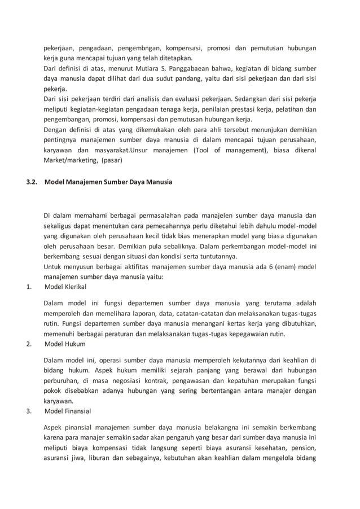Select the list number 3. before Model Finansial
point(29,411)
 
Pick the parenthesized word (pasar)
point(115,160)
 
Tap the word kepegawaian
point(249,334)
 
